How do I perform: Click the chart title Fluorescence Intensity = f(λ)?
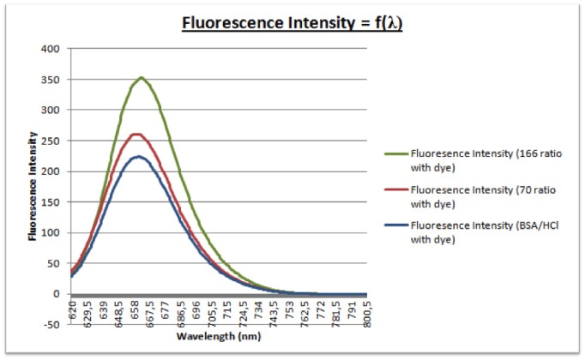[x=292, y=23]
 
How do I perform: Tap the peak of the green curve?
[x=142, y=78]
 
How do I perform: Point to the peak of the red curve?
[x=136, y=134]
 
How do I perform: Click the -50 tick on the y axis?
[x=50, y=325]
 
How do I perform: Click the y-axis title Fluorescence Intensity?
[x=32, y=186]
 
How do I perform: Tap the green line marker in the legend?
[x=395, y=155]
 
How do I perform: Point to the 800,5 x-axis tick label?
[x=367, y=312]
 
